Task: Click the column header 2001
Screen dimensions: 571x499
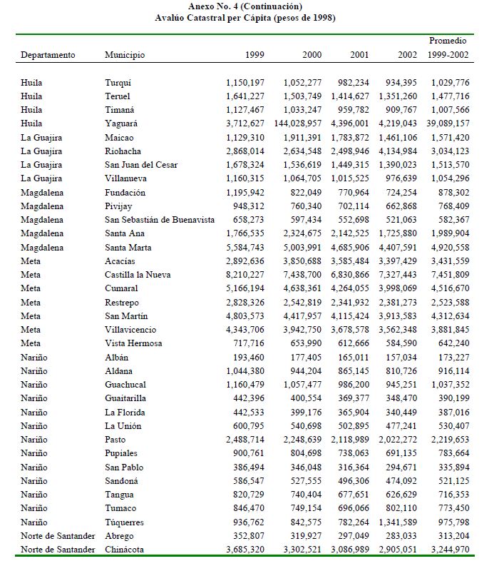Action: pyautogui.click(x=359, y=55)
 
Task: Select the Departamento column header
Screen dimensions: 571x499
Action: pyautogui.click(x=48, y=55)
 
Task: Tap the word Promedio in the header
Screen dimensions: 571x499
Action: pyautogui.click(x=448, y=41)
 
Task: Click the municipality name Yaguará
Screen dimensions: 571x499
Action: pyautogui.click(x=121, y=123)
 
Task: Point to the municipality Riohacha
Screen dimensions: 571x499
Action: pyautogui.click(x=123, y=151)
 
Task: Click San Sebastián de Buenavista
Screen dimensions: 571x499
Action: pyautogui.click(x=160, y=220)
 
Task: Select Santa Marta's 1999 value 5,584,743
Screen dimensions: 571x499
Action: pyautogui.click(x=245, y=248)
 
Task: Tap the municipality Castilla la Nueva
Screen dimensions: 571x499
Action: pyautogui.click(x=140, y=275)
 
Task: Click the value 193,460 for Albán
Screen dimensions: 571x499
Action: pyautogui.click(x=249, y=357)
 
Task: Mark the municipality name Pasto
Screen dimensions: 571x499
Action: pyautogui.click(x=115, y=440)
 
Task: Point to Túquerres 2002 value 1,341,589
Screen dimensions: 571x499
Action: pyautogui.click(x=398, y=522)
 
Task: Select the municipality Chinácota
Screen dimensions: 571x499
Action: pyautogui.click(x=125, y=550)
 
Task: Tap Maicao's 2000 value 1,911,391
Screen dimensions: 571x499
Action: pyautogui.click(x=302, y=138)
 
